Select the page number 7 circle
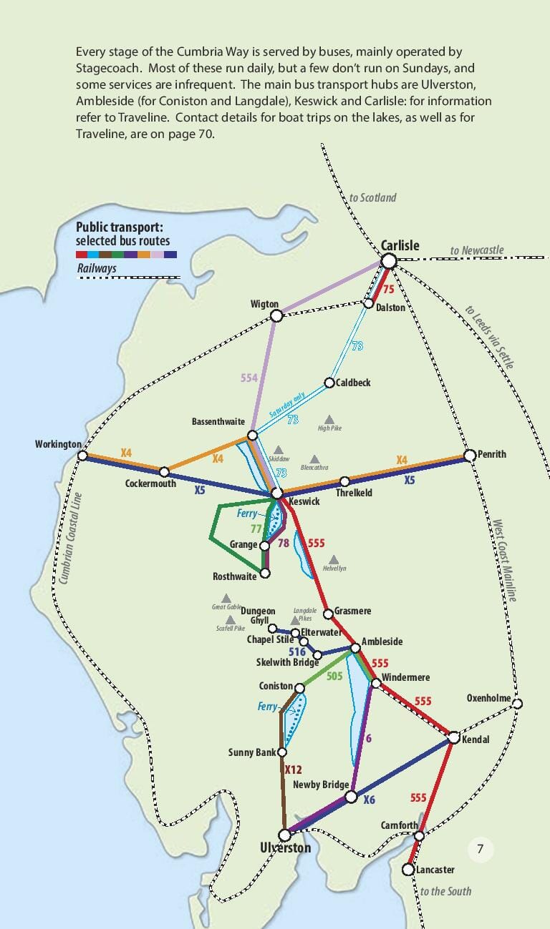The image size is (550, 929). point(481,850)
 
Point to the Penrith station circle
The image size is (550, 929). point(470,455)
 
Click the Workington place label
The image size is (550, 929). point(58,445)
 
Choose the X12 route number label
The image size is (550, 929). point(294,770)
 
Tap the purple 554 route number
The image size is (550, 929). point(249,378)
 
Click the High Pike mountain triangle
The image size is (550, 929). point(329,419)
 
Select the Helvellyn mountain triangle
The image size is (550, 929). point(334,559)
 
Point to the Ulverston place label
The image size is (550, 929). point(285,849)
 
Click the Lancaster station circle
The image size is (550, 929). point(407,870)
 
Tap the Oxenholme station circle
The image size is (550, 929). point(518,704)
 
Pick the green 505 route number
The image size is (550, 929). point(334,677)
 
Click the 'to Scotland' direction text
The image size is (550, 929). point(372,197)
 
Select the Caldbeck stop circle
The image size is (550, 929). point(330,383)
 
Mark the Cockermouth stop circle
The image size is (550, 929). point(164,471)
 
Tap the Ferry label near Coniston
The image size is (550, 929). point(267,707)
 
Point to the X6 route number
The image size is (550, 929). point(369,800)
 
